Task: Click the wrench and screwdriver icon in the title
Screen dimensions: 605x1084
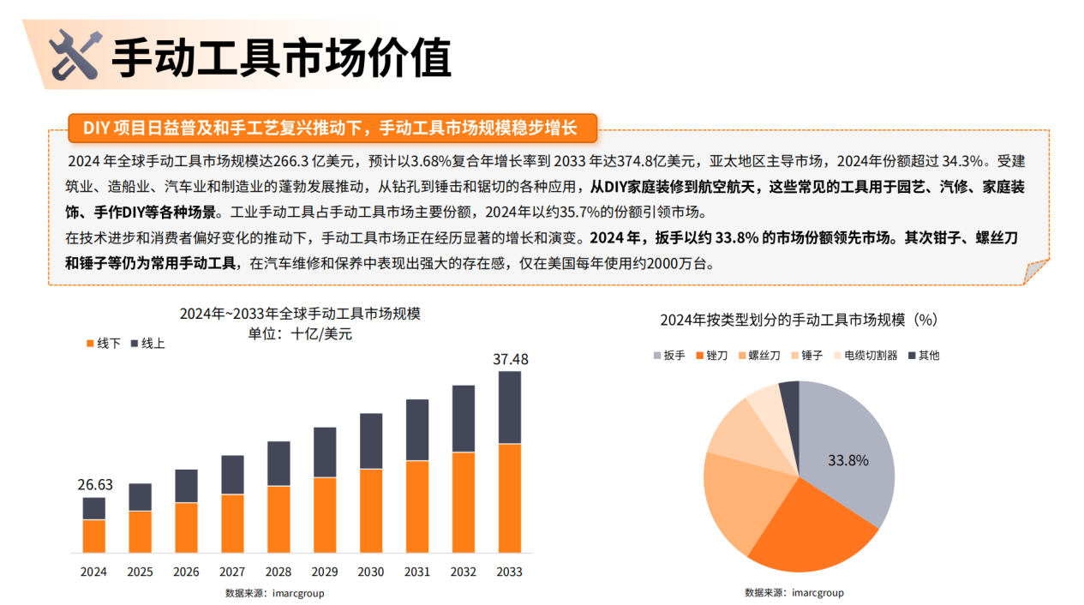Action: pyautogui.click(x=76, y=55)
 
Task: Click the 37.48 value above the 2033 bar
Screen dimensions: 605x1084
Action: pyautogui.click(x=511, y=360)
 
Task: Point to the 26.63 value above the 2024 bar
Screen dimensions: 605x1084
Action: pyautogui.click(x=95, y=486)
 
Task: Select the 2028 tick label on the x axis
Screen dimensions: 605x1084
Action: pyautogui.click(x=278, y=572)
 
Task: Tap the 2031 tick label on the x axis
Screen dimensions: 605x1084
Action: pyautogui.click(x=417, y=572)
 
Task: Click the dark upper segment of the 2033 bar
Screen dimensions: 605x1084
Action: pyautogui.click(x=510, y=407)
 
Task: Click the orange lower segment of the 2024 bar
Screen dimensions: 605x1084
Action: pyautogui.click(x=94, y=536)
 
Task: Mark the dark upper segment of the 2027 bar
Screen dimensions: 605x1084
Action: pyautogui.click(x=233, y=475)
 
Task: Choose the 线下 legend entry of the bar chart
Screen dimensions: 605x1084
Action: pyautogui.click(x=103, y=344)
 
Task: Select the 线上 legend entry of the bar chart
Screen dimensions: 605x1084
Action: pyautogui.click(x=147, y=344)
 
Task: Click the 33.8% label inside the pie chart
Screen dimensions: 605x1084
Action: pyautogui.click(x=848, y=460)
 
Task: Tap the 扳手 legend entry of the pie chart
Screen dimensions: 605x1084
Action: pyautogui.click(x=668, y=356)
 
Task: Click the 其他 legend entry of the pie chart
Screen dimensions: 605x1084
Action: pyautogui.click(x=923, y=356)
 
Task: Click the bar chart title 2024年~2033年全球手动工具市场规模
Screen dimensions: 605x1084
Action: pyautogui.click(x=300, y=314)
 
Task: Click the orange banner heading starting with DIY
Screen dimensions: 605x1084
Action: pyautogui.click(x=330, y=129)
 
